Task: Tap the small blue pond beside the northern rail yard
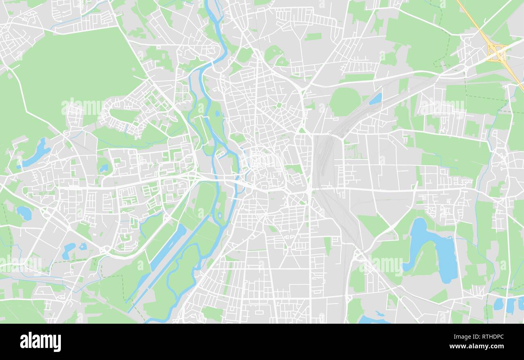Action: [376, 99]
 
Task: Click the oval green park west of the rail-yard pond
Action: [345, 101]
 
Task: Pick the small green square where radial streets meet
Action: [279, 105]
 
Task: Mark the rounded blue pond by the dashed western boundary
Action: [25, 212]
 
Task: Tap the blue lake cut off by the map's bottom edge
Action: [373, 320]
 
